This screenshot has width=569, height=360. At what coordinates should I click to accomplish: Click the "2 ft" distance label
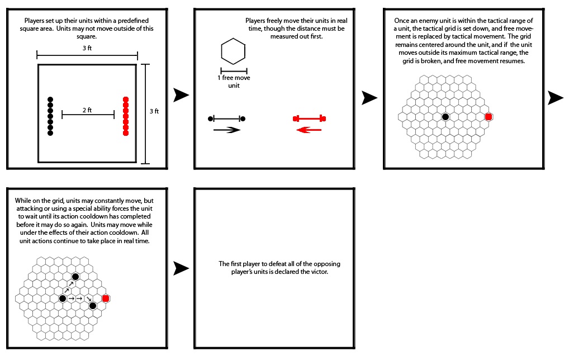coord(87,110)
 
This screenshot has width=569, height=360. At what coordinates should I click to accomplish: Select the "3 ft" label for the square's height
coord(154,111)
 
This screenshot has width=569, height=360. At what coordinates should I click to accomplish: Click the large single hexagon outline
coord(233,52)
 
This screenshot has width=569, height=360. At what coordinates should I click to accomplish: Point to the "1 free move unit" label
coord(234,81)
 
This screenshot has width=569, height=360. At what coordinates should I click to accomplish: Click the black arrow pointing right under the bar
coord(226,130)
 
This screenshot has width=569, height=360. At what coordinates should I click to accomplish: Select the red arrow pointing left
coord(309,130)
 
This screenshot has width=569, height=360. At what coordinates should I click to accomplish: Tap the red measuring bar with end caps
coord(309,119)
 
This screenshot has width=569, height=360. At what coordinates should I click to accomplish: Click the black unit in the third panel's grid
coord(445,116)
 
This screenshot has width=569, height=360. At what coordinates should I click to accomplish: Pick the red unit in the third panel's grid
coord(489,116)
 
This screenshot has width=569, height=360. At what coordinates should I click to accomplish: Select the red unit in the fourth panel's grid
coord(105,299)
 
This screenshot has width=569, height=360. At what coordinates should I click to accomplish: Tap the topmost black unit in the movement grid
coord(75,277)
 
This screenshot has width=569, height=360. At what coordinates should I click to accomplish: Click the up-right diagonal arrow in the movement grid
coord(68,288)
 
